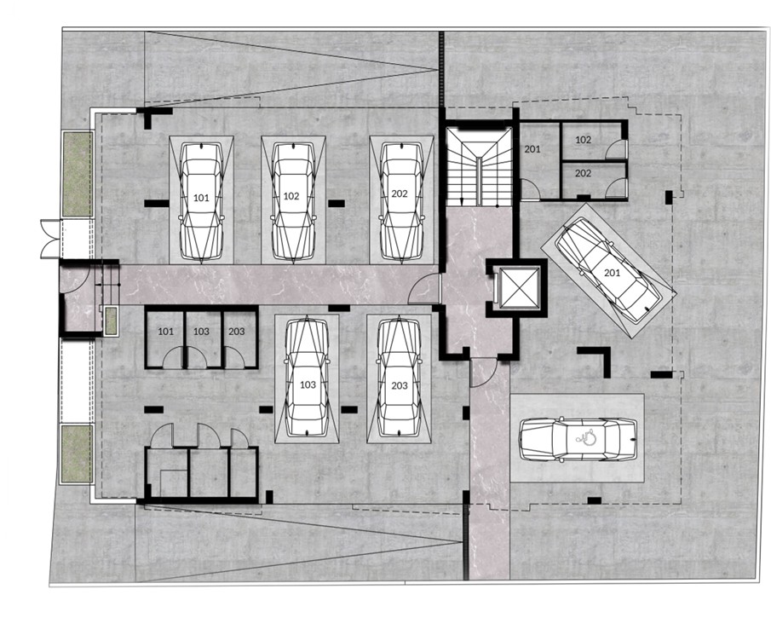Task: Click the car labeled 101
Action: pyautogui.click(x=202, y=201)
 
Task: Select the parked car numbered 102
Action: pyautogui.click(x=292, y=201)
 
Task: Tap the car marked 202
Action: pyautogui.click(x=402, y=201)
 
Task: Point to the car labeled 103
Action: pyautogui.click(x=307, y=378)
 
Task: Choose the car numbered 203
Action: pyautogui.click(x=399, y=378)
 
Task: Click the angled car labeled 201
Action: pyautogui.click(x=607, y=270)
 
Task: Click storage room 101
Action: pyautogui.click(x=165, y=338)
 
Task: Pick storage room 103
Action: pyautogui.click(x=203, y=338)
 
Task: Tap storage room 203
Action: pyautogui.click(x=239, y=338)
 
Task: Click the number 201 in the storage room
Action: pyautogui.click(x=532, y=148)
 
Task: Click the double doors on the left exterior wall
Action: pyautogui.click(x=49, y=240)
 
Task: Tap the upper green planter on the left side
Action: pyautogui.click(x=78, y=174)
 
